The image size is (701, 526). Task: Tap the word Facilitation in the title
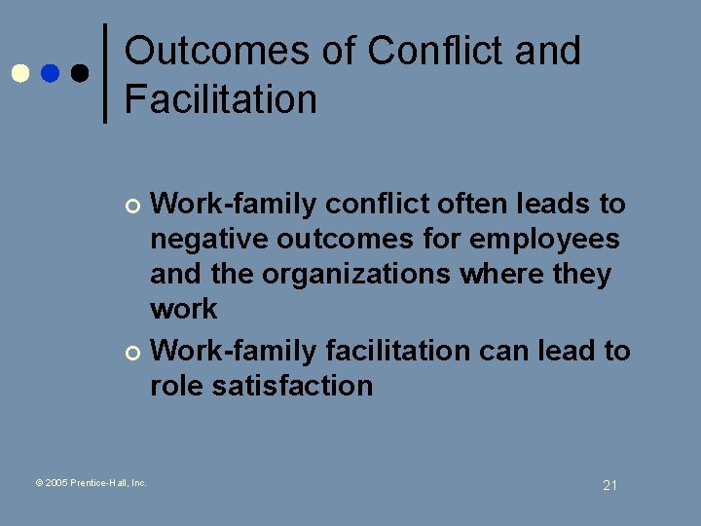[221, 99]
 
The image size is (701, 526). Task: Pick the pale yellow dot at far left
[19, 73]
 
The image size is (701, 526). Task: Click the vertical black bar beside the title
[105, 73]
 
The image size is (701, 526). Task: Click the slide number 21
[610, 485]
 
